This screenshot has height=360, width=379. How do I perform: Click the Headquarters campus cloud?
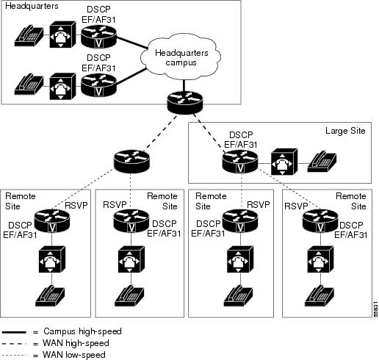pyautogui.click(x=181, y=57)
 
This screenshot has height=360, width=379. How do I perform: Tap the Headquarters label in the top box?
pyautogui.click(x=32, y=6)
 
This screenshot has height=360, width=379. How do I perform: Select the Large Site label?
pyautogui.click(x=345, y=131)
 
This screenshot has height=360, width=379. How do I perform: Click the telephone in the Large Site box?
pyautogui.click(x=322, y=162)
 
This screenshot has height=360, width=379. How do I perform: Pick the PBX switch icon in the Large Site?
pyautogui.click(x=284, y=162)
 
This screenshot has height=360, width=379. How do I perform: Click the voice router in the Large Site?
pyautogui.click(x=240, y=162)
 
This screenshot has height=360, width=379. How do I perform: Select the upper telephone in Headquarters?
pyautogui.click(x=29, y=36)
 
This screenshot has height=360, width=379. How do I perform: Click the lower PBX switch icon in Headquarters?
pyautogui.click(x=62, y=86)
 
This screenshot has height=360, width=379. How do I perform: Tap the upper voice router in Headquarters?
pyautogui.click(x=98, y=37)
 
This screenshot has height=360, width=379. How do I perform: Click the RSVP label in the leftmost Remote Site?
pyautogui.click(x=76, y=205)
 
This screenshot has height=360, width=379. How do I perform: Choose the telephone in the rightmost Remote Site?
pyautogui.click(x=320, y=295)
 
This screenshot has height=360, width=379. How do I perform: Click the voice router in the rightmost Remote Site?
pyautogui.click(x=320, y=221)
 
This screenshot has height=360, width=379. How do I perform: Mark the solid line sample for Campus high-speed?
pyautogui.click(x=14, y=332)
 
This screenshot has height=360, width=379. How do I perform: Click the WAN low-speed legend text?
pyautogui.click(x=74, y=355)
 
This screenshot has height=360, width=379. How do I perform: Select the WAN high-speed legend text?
pyautogui.click(x=76, y=343)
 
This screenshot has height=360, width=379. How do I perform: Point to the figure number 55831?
pyautogui.click(x=376, y=310)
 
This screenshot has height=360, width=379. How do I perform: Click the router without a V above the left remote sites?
pyautogui.click(x=131, y=162)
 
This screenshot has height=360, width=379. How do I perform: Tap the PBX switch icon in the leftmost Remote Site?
pyautogui.click(x=52, y=259)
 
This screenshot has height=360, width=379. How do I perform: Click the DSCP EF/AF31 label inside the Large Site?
pyautogui.click(x=241, y=140)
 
